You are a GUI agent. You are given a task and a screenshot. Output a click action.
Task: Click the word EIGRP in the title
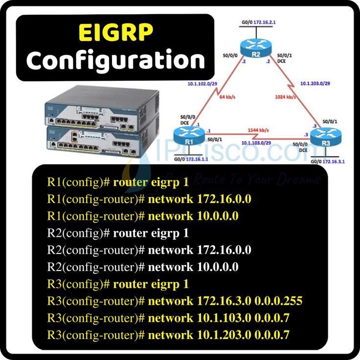[x=115, y=33]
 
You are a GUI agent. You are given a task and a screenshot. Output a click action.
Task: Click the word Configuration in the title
[x=115, y=60]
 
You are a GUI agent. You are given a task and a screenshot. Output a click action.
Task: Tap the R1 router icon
[x=188, y=135]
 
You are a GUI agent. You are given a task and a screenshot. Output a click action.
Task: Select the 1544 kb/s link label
[x=256, y=130]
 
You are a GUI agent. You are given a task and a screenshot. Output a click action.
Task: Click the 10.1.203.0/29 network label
[x=315, y=83]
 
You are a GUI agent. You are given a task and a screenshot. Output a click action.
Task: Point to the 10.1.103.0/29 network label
[x=256, y=143]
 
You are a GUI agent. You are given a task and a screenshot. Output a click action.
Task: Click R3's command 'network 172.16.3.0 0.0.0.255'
[x=225, y=301]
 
